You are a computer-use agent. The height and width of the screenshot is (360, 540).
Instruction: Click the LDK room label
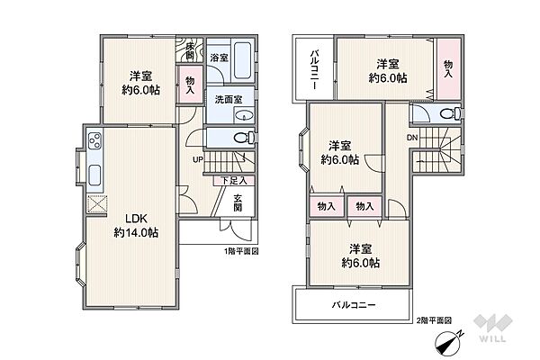pos(136,219)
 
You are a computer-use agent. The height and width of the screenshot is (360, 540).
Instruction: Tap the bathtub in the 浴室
pos(242,60)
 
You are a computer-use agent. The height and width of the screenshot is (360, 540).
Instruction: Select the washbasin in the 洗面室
pos(244,115)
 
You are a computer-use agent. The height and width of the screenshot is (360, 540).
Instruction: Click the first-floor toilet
pos(244,138)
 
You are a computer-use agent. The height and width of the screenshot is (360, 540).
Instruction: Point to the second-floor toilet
pos(450,113)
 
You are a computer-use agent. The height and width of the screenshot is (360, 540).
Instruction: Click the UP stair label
pos(198,159)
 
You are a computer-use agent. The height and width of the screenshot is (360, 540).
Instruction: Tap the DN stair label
pos(412,138)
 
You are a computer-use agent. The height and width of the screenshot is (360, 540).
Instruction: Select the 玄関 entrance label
pos(238,202)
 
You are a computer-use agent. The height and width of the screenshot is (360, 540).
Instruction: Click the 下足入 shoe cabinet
pos(234,180)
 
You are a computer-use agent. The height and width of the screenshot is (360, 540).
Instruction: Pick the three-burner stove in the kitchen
pos(94,140)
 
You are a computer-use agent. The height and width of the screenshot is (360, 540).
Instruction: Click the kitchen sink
pos(94,175)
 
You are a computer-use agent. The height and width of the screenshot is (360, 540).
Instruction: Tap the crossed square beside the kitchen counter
pos(96,204)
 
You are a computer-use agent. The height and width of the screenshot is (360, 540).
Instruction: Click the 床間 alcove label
pos(189,50)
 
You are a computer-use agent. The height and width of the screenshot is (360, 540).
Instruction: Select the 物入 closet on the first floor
pos(190,85)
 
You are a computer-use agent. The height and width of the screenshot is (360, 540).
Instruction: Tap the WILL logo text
pos(492,338)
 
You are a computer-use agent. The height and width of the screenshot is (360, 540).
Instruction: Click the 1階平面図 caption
pos(241,251)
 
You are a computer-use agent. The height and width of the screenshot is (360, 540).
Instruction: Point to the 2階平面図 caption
pos(434,320)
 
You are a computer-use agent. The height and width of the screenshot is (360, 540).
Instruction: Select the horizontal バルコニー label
pos(354,305)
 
